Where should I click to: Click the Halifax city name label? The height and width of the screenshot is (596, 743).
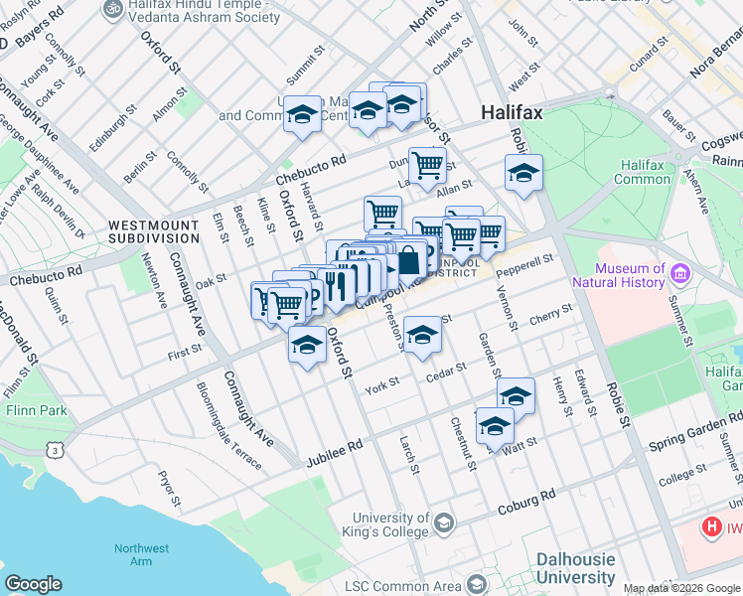(x=512, y=113)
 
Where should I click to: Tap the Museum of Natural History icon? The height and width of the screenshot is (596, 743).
(x=680, y=273)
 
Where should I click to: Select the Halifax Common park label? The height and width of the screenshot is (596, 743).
(x=646, y=172)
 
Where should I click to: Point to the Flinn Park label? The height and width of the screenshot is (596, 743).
(x=36, y=408)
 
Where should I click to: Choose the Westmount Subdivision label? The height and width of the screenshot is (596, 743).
(x=154, y=231)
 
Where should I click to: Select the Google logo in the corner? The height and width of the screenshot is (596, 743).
(x=34, y=584)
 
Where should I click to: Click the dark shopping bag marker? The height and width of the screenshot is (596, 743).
(x=408, y=262)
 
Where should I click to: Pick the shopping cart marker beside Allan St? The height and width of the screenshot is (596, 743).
(x=427, y=165)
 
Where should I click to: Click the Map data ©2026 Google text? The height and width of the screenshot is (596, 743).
(x=681, y=588)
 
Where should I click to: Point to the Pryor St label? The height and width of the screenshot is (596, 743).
(x=166, y=487)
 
